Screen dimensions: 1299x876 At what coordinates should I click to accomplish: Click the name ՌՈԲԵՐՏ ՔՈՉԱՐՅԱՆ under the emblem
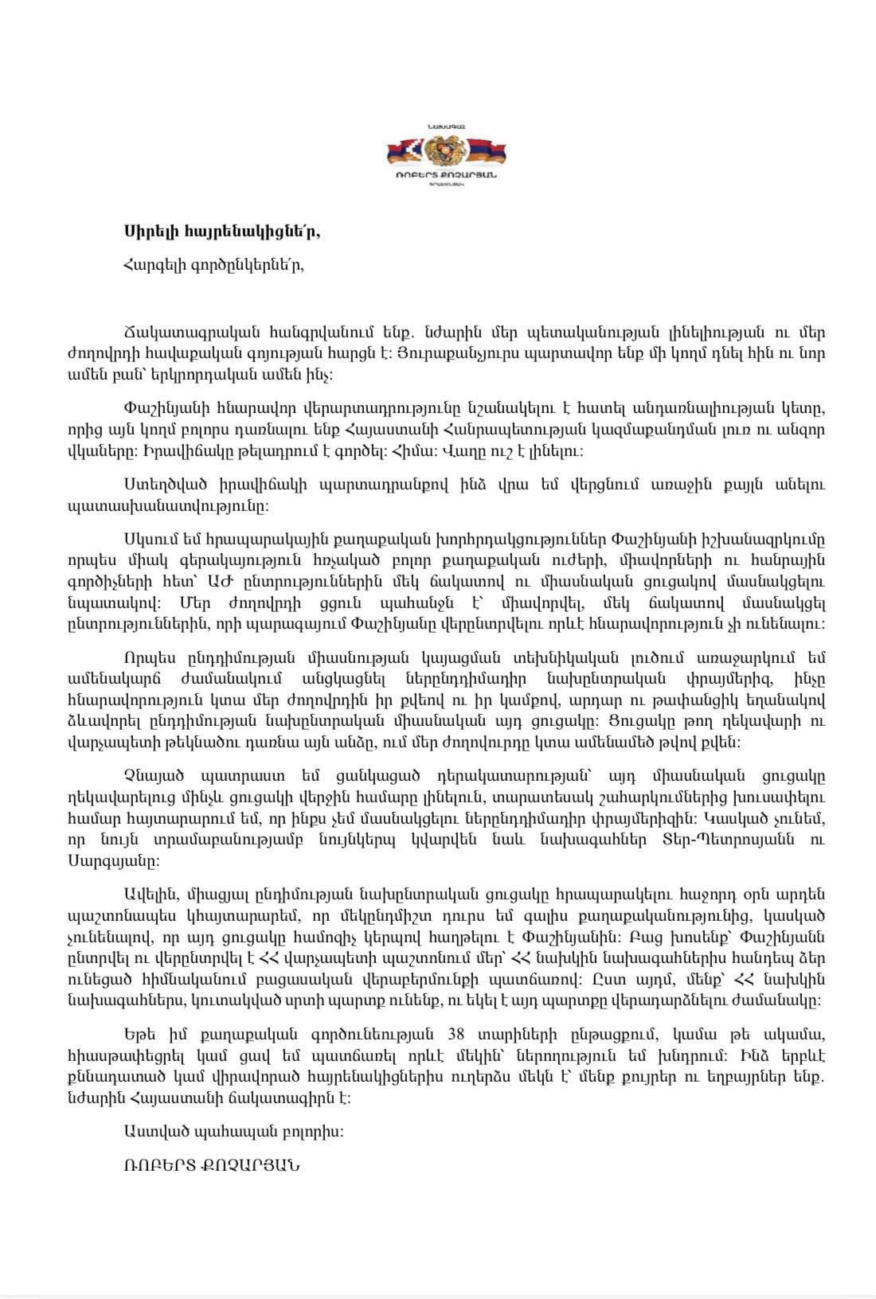tap(446, 175)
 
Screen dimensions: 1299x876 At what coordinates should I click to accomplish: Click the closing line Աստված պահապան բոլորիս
tap(234, 1131)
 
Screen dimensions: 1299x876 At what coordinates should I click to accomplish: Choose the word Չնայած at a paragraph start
tap(148, 775)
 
